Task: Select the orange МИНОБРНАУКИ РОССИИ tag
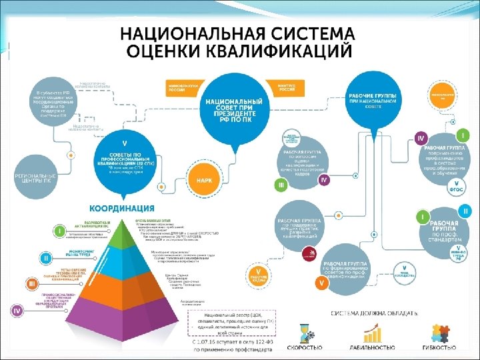(x=179, y=87)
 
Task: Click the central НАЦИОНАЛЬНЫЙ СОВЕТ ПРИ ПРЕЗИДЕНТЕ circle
(x=231, y=111)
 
